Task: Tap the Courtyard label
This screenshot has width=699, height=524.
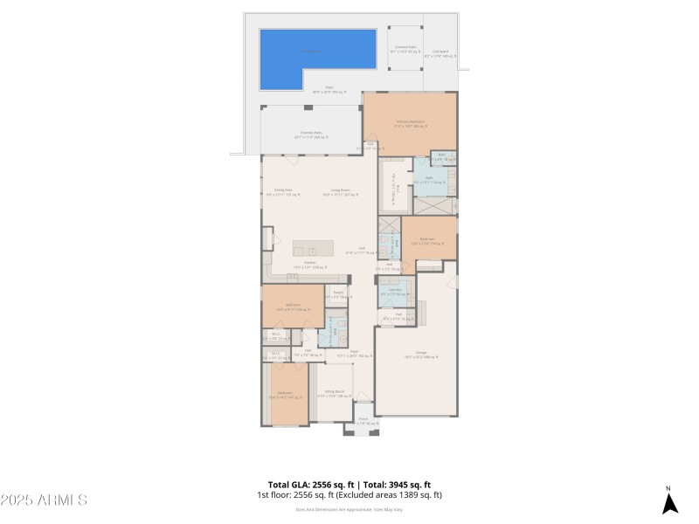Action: [441, 53]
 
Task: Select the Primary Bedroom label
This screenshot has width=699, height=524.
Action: [409, 123]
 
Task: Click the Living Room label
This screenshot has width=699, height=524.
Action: [340, 191]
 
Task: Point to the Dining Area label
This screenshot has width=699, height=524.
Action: [283, 191]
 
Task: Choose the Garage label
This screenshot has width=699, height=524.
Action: [414, 355]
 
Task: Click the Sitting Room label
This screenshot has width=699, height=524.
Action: [334, 393]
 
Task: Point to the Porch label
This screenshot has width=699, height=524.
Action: [363, 421]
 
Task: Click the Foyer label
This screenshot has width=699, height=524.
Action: [354, 353]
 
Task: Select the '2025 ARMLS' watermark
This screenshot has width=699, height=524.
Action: [44, 500]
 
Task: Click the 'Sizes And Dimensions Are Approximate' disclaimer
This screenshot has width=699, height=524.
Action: [349, 508]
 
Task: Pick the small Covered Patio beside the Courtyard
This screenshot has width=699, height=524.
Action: [405, 49]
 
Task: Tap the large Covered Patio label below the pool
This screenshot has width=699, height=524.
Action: [311, 134]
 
